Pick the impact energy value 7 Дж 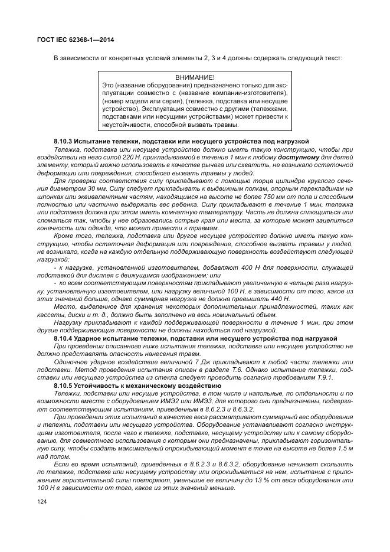point(209,362)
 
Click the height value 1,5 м point(345,448)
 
